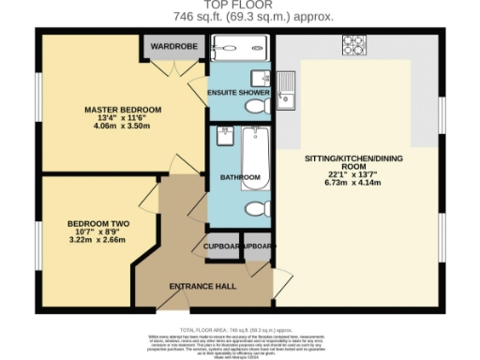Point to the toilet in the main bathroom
[x=255, y=208]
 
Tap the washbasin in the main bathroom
[x=225, y=139]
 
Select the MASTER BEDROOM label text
[x=122, y=110]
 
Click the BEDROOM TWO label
[x=97, y=223]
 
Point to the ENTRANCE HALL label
[x=202, y=286]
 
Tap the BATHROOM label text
[x=233, y=176]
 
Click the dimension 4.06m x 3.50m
[x=122, y=127]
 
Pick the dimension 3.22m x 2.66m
[x=97, y=240]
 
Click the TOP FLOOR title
[x=240, y=5]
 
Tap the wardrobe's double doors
[x=172, y=67]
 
